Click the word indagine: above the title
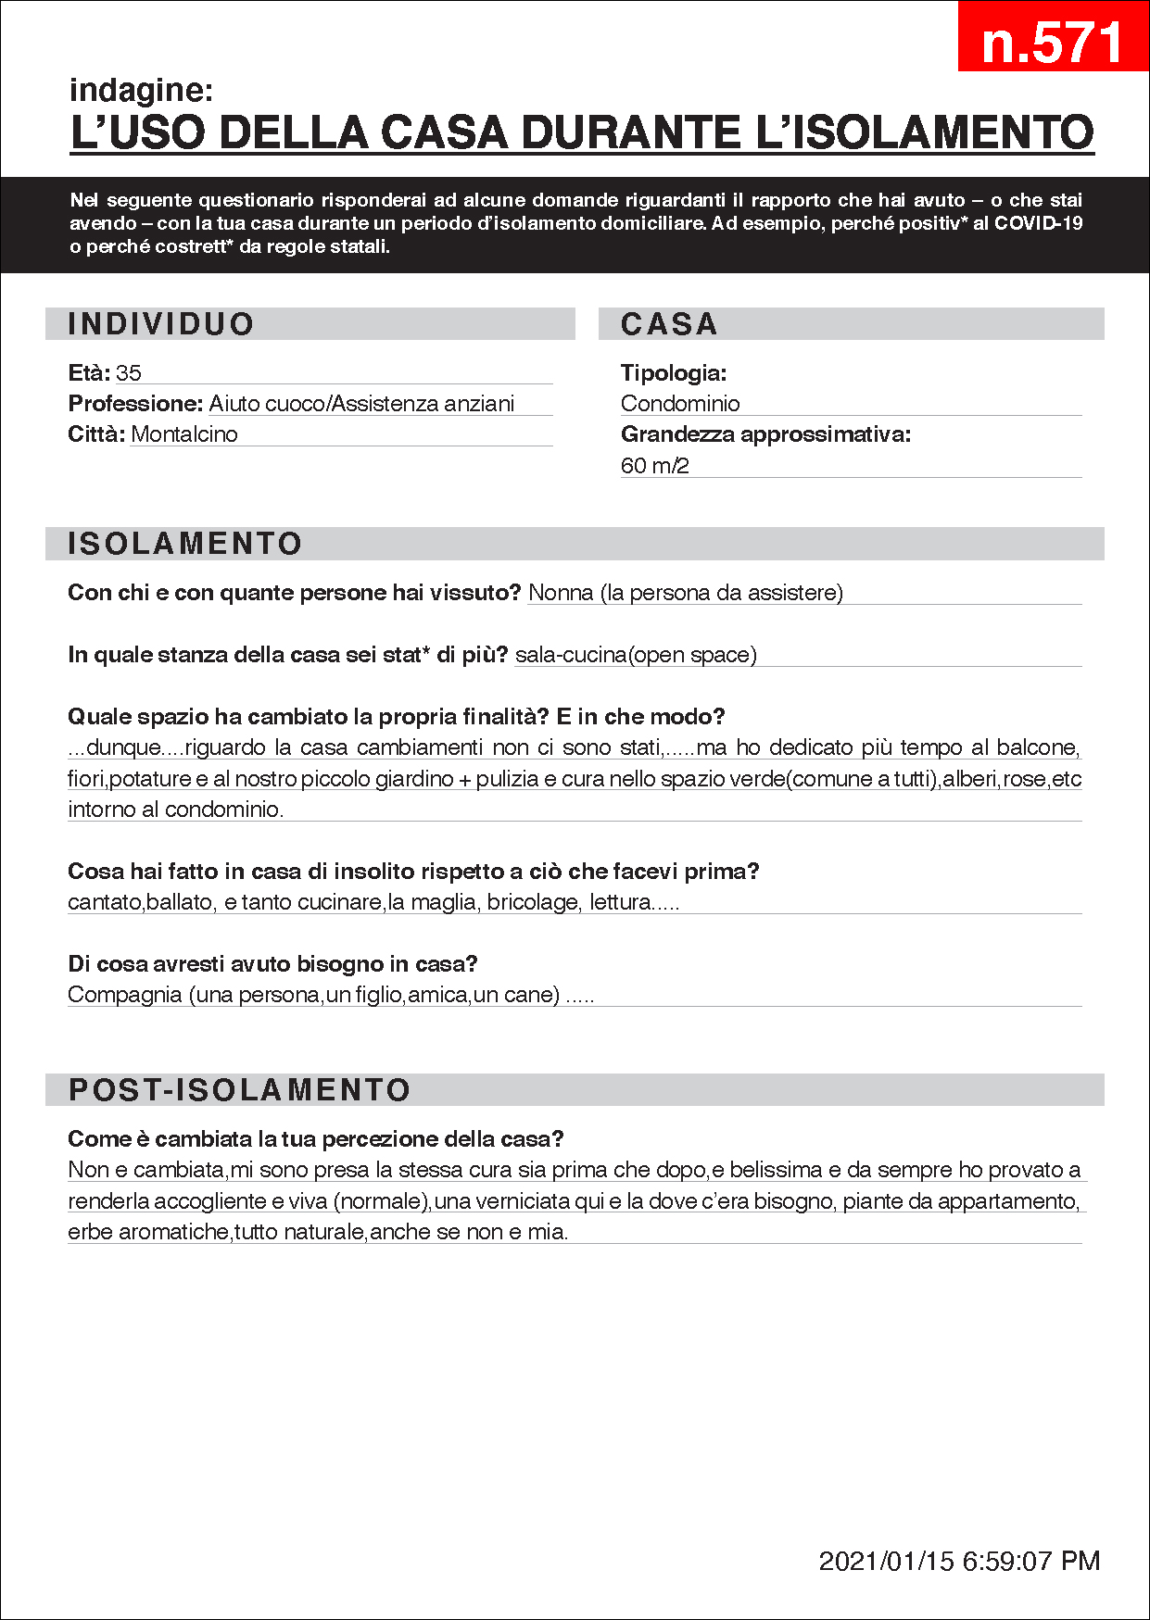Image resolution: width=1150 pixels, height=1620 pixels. pyautogui.click(x=141, y=90)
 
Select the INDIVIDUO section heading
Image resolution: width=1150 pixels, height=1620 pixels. pyautogui.click(x=160, y=324)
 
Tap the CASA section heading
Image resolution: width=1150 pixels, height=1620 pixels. pyautogui.click(x=669, y=324)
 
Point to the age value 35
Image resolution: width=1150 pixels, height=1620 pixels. pyautogui.click(x=129, y=373)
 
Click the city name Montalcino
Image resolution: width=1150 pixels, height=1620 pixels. pyautogui.click(x=184, y=434)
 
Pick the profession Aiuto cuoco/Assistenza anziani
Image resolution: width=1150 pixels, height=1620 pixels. pyautogui.click(x=361, y=404)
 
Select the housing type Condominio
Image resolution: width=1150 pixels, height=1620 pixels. pyautogui.click(x=680, y=404)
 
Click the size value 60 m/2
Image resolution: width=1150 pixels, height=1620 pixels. pyautogui.click(x=654, y=466)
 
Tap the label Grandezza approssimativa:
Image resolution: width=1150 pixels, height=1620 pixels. pyautogui.click(x=765, y=434)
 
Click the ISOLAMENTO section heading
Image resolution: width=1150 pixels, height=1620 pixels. pyautogui.click(x=185, y=544)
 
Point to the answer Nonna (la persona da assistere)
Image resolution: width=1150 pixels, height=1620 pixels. pyautogui.click(x=686, y=593)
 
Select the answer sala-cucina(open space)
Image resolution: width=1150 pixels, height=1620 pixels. pyautogui.click(x=636, y=655)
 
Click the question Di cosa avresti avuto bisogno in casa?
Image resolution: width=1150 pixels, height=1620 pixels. pyautogui.click(x=272, y=964)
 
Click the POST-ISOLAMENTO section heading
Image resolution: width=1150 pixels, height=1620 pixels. pyautogui.click(x=239, y=1090)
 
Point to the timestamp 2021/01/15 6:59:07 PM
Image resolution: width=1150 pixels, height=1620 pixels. pyautogui.click(x=959, y=1561)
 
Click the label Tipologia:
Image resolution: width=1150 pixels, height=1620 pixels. pyautogui.click(x=674, y=373)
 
